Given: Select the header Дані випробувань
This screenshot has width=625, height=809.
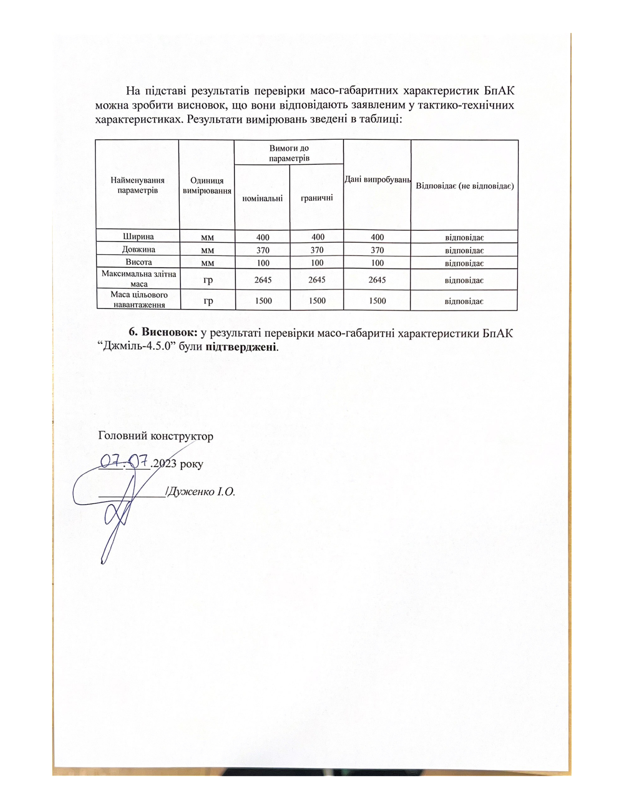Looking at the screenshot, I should [377, 180].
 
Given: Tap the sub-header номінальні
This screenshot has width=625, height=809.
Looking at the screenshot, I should [262, 198].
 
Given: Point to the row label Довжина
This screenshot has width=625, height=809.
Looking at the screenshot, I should [138, 249].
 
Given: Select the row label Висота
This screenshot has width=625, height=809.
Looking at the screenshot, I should [138, 262].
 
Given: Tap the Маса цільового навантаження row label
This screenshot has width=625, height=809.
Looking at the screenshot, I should [139, 300].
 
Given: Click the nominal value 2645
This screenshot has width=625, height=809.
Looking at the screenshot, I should [263, 280].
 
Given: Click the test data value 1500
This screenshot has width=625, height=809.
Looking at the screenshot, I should [377, 300].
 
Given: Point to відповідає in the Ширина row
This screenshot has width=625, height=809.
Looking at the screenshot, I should [464, 237].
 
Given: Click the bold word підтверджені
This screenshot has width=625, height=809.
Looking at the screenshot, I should [241, 347].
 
